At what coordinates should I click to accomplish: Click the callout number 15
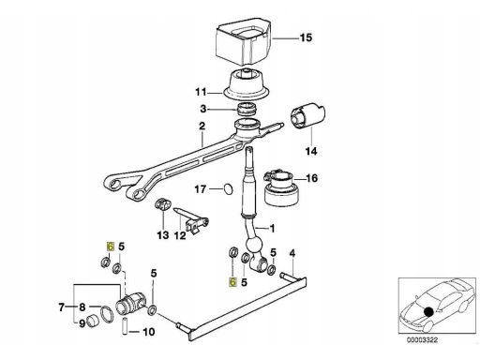click(306, 37)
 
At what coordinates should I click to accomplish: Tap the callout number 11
click(201, 93)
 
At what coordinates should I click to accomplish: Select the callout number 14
click(311, 152)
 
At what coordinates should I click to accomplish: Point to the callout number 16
click(311, 178)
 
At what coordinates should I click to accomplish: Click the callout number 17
click(201, 189)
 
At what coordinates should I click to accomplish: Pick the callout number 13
click(163, 235)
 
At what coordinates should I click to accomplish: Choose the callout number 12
click(180, 235)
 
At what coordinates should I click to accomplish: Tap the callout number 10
click(149, 332)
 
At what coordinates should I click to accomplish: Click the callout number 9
click(82, 323)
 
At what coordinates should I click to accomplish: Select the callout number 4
click(292, 253)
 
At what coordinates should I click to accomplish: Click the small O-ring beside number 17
click(229, 189)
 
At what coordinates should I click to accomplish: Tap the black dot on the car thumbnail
click(428, 311)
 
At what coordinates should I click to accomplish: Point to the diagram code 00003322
click(422, 340)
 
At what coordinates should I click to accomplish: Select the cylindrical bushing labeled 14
click(308, 115)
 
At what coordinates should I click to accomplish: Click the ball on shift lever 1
click(253, 246)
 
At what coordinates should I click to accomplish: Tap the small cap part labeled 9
click(93, 321)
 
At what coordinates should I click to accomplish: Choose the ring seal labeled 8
click(107, 314)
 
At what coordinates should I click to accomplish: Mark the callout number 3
click(203, 109)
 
